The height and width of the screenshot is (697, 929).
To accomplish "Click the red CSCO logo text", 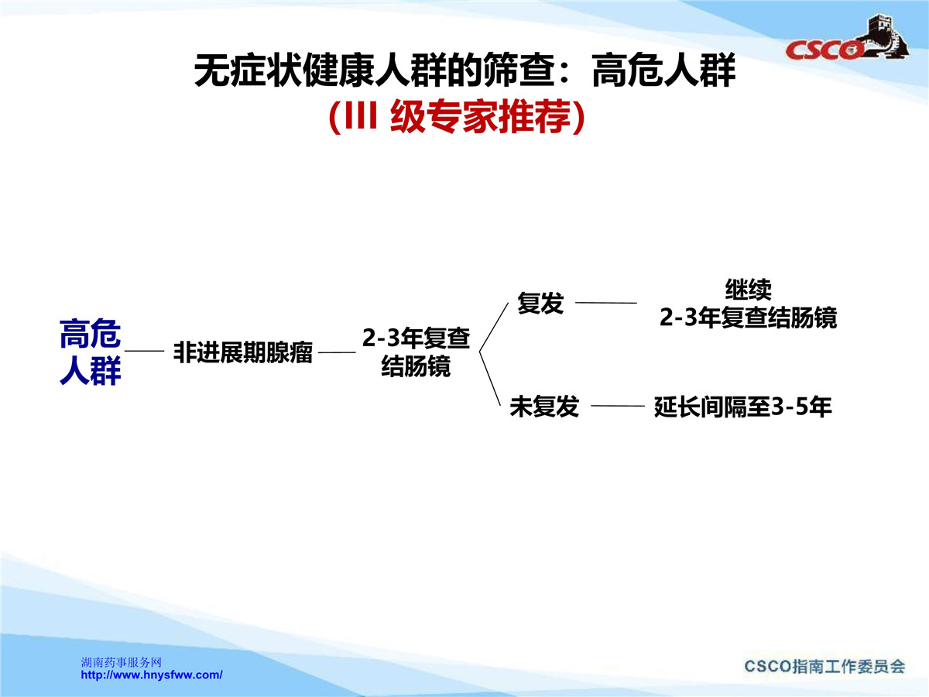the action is [823, 50].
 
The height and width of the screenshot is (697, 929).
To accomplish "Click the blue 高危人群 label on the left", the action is [90, 352].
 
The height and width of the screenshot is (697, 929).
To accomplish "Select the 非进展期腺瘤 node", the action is [243, 352].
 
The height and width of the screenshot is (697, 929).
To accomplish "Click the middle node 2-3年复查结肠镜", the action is [416, 352].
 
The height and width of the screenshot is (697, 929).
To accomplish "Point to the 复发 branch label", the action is [540, 303].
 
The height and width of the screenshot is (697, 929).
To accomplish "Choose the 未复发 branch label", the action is [544, 407].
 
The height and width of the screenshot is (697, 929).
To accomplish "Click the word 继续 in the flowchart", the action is [749, 290].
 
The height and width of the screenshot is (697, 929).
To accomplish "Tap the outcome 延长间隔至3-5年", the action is [742, 407].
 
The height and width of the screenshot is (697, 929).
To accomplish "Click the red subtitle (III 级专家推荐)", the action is [457, 116].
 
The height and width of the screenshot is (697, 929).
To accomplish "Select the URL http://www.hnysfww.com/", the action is [152, 675].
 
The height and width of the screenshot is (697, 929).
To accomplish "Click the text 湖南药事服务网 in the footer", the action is [122, 662].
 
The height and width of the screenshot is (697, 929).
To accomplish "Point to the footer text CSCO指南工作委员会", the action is [824, 666].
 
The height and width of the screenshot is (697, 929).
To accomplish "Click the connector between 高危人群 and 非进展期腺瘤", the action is [144, 351].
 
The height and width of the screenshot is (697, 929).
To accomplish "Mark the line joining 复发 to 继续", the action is [606, 303].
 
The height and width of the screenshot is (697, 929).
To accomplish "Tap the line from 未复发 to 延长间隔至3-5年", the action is [618, 406].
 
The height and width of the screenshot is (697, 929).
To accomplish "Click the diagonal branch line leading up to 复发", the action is [493, 327].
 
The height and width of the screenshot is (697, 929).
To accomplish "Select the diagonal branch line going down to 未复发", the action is [490, 379].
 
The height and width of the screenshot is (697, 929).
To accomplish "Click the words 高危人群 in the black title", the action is [663, 70].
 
